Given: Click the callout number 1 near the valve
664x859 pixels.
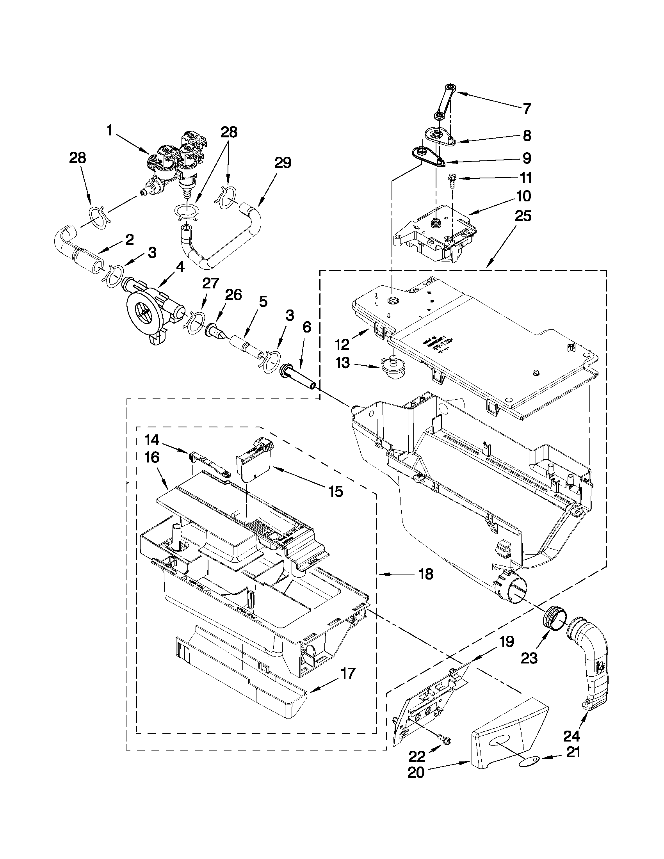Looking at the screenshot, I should (111, 130).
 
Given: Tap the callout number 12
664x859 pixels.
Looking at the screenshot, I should (342, 345).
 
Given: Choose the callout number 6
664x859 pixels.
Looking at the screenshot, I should (306, 327).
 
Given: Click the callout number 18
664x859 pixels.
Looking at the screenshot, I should (425, 574).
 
